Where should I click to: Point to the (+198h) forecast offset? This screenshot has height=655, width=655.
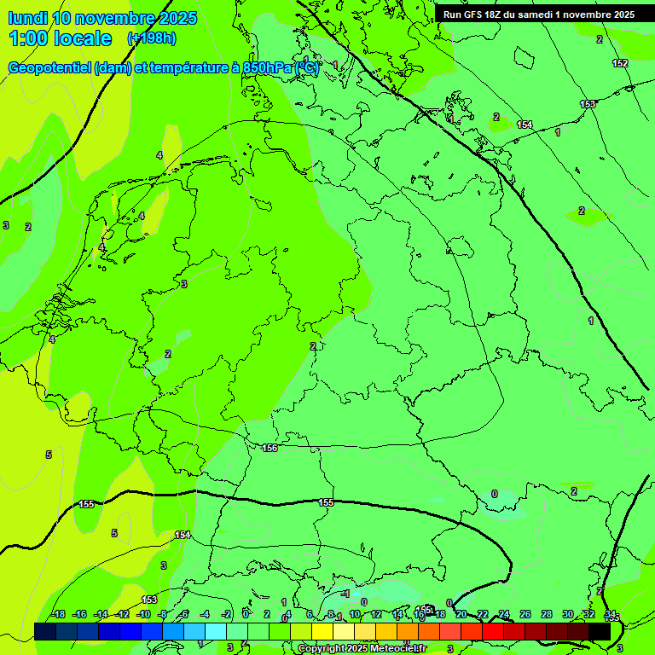[x=151, y=38]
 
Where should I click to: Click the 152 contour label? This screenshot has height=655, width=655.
[x=620, y=63]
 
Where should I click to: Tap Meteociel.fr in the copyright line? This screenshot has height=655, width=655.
[x=395, y=649]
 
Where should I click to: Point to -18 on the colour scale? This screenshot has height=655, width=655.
[x=58, y=615]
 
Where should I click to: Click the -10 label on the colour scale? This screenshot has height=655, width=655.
[x=143, y=615]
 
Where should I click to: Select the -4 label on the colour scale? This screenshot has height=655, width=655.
[x=205, y=615]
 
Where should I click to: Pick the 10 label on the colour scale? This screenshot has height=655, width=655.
[x=354, y=615]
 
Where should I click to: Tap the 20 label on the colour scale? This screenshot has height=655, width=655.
[x=461, y=615]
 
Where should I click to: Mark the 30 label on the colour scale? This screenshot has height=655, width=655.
[x=568, y=615]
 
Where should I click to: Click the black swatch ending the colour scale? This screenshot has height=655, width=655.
[x=600, y=631]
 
